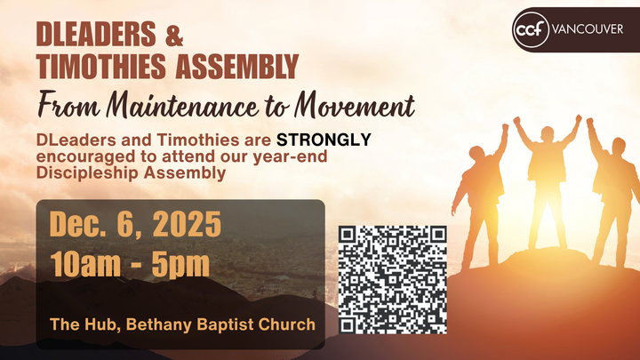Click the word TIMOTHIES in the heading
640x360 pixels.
pos(100,66)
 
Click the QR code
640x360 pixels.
pos(392,278)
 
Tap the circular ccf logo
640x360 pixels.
pos(530,28)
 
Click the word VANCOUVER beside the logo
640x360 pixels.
pos(587,28)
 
